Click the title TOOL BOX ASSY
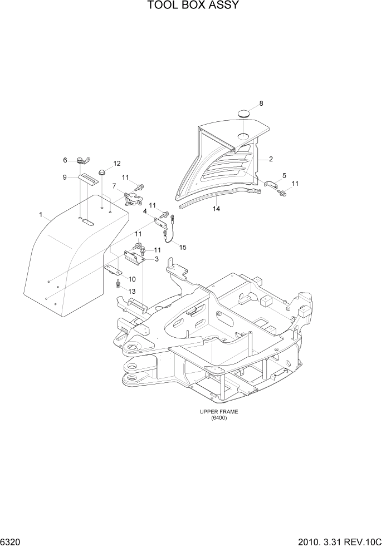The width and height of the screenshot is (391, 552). point(193,6)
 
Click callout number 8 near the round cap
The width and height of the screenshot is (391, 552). point(261,103)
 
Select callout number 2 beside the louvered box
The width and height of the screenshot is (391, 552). point(271,159)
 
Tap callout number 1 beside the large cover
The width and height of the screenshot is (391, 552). point(41,214)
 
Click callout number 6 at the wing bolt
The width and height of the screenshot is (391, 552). point(65,160)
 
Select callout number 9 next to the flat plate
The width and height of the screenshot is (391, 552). point(65,177)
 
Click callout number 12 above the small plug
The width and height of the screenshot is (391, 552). point(117,164)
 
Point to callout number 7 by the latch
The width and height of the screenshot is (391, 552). point(114,186)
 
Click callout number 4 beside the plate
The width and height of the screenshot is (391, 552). point(145,211)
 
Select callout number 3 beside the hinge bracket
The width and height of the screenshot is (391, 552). point(157,259)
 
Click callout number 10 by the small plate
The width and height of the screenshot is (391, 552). point(132,279)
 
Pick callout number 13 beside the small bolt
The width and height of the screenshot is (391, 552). point(132,291)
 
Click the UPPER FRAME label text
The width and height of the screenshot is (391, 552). point(215,412)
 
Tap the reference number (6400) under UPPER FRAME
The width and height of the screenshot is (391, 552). point(216,418)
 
